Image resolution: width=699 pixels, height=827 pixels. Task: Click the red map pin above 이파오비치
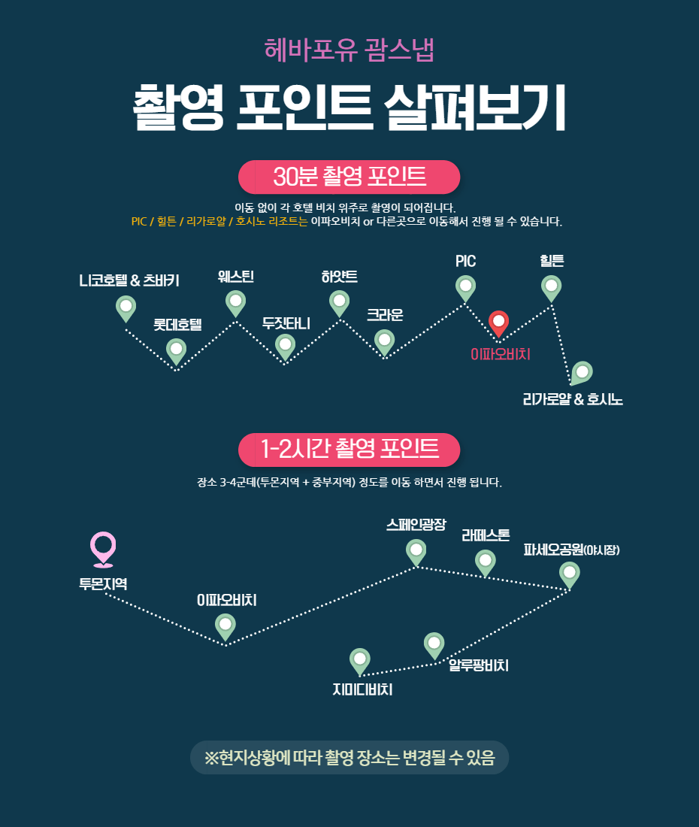pyautogui.click(x=498, y=323)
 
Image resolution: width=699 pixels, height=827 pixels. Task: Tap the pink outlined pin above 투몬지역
pyautogui.click(x=103, y=549)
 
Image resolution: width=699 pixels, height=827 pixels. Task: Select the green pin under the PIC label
pyautogui.click(x=465, y=289)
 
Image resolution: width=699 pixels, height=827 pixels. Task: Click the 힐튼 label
pyautogui.click(x=552, y=261)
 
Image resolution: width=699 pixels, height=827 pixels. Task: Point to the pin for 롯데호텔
pyautogui.click(x=176, y=351)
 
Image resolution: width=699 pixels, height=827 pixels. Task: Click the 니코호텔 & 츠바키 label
pyautogui.click(x=129, y=280)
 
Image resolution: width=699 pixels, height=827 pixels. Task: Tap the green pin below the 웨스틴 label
pyautogui.click(x=236, y=304)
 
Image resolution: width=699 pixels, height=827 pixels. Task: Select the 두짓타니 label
pyautogui.click(x=286, y=323)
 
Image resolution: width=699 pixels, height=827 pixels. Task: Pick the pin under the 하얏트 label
pyautogui.click(x=340, y=304)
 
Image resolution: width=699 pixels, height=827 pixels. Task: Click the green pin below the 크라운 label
pyautogui.click(x=384, y=342)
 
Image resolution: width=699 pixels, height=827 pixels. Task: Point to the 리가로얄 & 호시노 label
pyautogui.click(x=573, y=399)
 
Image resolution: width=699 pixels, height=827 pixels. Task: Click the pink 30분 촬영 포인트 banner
pyautogui.click(x=349, y=177)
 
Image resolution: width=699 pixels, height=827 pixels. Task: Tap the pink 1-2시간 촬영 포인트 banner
pyautogui.click(x=349, y=450)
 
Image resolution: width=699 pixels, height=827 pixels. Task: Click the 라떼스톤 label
pyautogui.click(x=486, y=535)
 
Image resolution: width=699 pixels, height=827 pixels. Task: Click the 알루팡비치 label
pyautogui.click(x=479, y=665)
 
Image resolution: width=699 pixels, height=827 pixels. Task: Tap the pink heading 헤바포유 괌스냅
pyautogui.click(x=349, y=50)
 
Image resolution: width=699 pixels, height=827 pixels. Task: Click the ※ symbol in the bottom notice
pyautogui.click(x=211, y=758)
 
